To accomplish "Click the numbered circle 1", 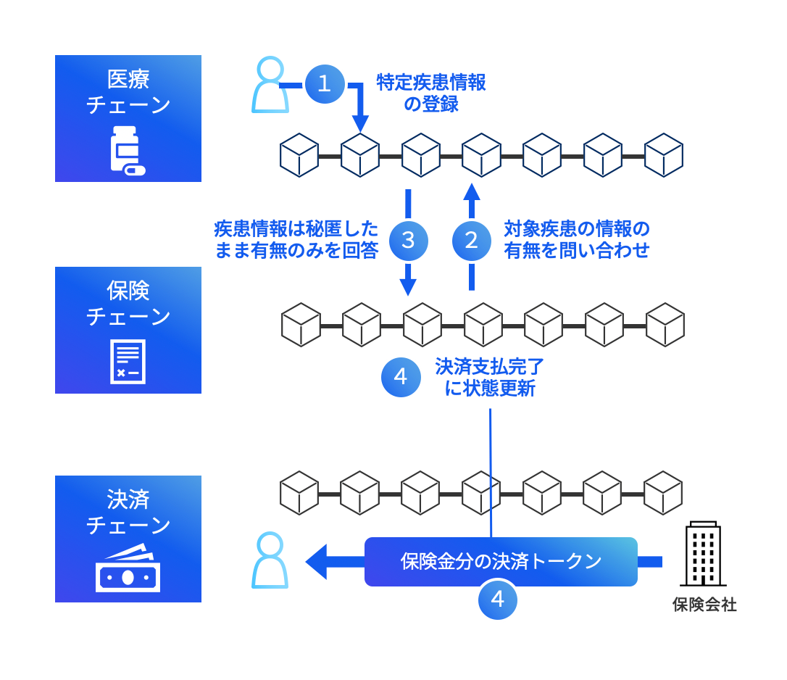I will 324,84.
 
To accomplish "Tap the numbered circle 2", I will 472,241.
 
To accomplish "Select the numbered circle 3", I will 408,241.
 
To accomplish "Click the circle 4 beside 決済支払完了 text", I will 401,377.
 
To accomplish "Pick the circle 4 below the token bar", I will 498,600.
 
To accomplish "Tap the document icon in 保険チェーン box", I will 128,361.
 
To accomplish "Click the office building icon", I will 703,554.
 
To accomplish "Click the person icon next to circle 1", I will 270,86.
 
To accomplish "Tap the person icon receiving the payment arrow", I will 270,560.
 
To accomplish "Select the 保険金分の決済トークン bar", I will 501,561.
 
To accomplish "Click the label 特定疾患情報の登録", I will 431,93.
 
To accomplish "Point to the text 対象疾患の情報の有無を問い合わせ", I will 577,240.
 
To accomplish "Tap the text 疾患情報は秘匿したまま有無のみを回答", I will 296,240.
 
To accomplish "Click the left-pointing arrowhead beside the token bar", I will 316,562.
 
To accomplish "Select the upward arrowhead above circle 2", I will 472,191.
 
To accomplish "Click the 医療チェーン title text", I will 128,91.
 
